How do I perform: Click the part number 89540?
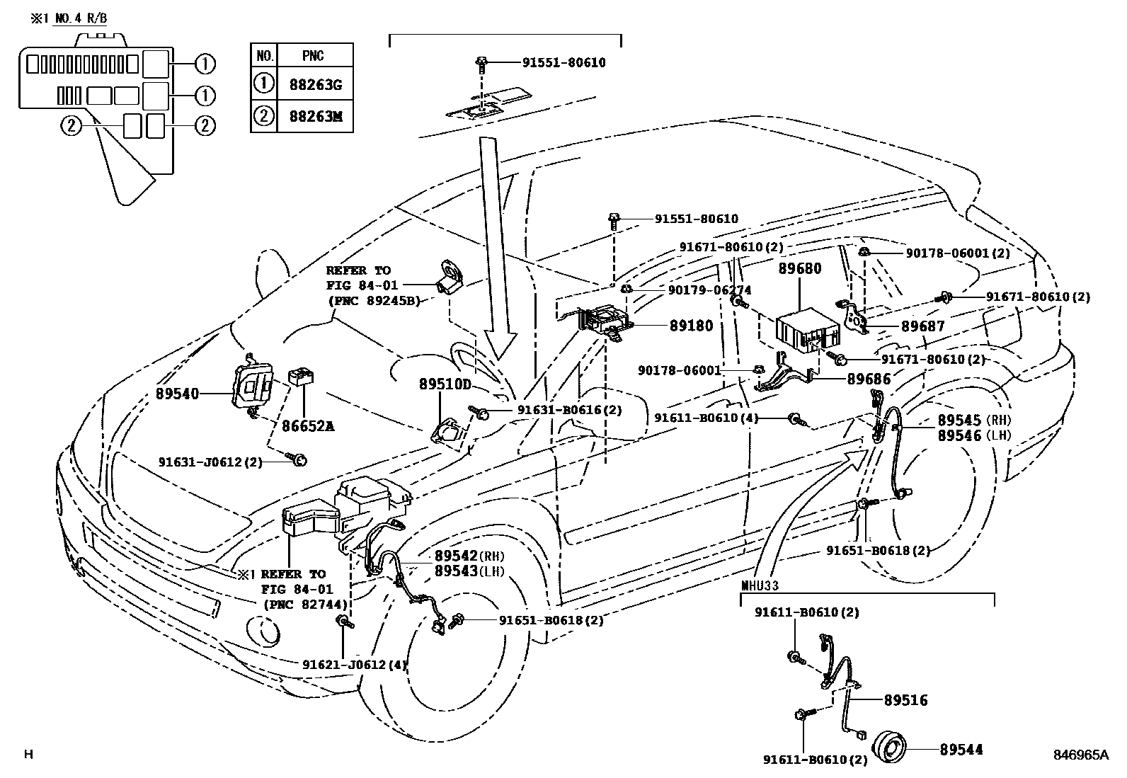[177, 394]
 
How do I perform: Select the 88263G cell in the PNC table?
[315, 85]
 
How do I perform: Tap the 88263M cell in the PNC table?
[315, 116]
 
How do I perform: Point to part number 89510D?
[445, 384]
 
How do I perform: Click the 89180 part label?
[691, 326]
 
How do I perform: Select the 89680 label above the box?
[800, 269]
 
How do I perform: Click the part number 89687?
[922, 326]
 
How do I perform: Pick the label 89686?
[869, 379]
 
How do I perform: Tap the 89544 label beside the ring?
[961, 749]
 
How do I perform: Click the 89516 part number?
[905, 700]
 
